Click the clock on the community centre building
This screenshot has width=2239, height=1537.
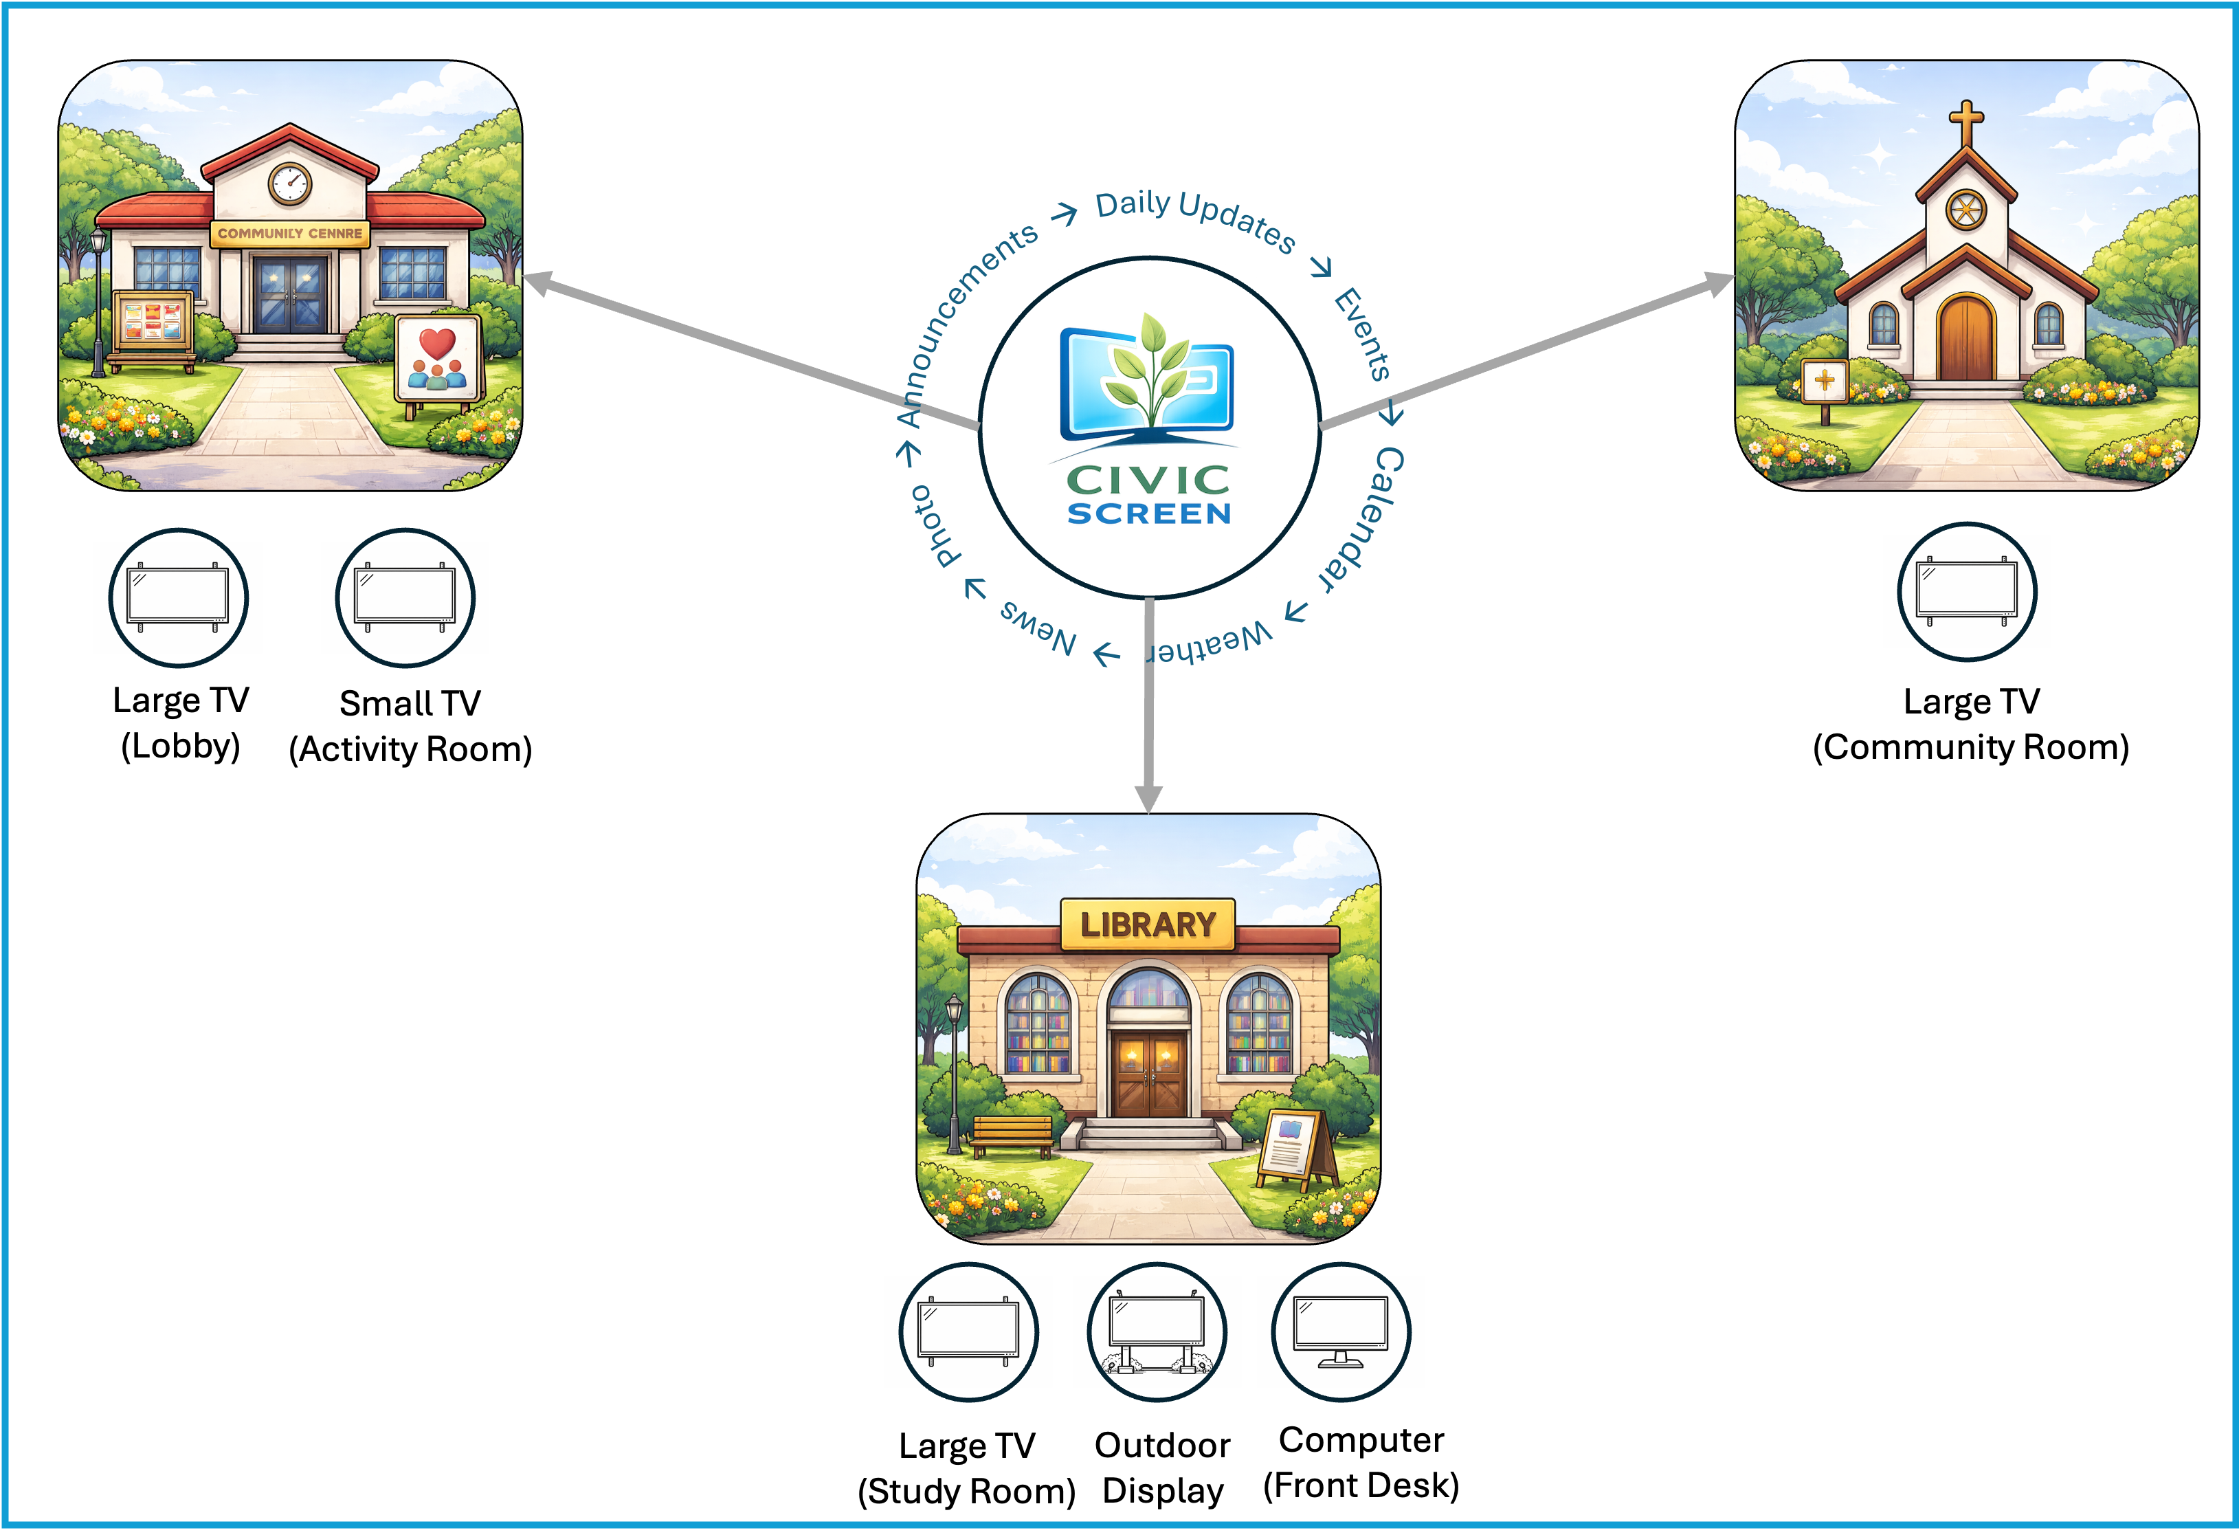tap(289, 182)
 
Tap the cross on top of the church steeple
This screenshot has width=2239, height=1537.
tap(1965, 123)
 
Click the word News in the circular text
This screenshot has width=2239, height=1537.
tap(1038, 626)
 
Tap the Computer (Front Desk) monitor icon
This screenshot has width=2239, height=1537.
tap(1340, 1331)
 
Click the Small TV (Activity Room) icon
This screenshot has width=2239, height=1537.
tap(405, 597)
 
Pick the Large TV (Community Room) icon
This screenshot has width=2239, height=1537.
tap(1966, 592)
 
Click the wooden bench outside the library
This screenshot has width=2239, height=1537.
tap(1012, 1135)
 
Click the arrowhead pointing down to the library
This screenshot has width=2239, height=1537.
tap(1148, 799)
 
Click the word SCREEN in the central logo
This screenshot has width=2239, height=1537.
tap(1148, 513)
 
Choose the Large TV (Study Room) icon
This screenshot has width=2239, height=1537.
tap(968, 1331)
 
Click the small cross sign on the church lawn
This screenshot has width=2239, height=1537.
tap(1824, 383)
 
